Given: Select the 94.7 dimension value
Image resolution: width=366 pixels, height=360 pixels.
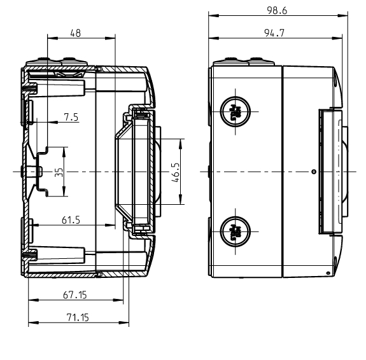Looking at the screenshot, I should coord(274,34).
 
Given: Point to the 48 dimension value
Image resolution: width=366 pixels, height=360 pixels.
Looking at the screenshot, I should coord(76,34).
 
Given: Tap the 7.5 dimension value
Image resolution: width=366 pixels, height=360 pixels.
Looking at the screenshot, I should coord(71,116).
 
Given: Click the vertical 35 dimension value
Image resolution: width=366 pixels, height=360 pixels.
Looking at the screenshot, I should coord(59,172).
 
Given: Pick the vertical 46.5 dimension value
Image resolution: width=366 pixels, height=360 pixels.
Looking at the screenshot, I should coord(176,172).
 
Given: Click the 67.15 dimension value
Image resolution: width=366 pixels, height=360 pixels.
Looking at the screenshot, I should coord(75,295).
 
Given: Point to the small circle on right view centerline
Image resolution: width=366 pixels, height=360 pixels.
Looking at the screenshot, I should coord(313,172).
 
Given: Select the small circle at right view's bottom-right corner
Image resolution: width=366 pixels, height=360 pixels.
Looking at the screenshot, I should coord(328,273).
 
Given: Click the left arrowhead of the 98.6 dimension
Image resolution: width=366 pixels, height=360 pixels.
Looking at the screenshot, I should coord(212,16).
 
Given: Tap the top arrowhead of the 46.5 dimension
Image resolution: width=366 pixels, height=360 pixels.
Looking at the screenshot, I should coord(183,141).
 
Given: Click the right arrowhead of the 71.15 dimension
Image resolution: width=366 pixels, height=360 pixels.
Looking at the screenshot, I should coord(126,324).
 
